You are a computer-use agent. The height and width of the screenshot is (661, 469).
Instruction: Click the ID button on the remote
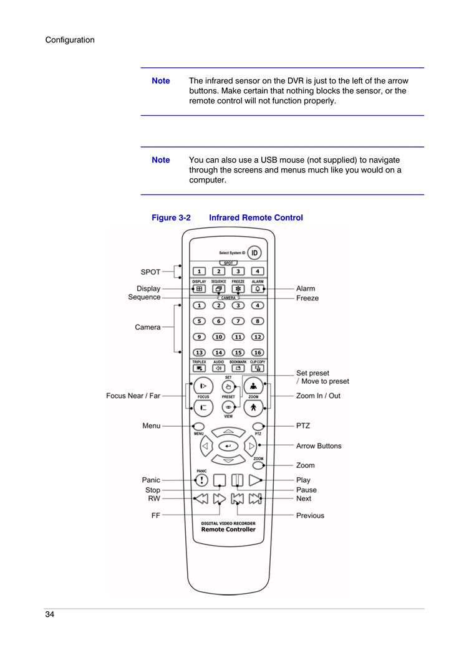(254, 253)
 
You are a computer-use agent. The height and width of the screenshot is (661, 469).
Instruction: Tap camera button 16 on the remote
(258, 353)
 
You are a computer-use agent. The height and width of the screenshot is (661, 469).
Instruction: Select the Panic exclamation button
(202, 480)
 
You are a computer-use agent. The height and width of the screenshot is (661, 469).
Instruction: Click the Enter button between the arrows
(228, 445)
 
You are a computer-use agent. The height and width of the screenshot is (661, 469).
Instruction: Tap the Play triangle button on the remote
(255, 480)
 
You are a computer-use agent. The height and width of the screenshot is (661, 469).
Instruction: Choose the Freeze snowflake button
(238, 289)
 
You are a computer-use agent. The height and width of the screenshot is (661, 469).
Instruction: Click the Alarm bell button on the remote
(258, 289)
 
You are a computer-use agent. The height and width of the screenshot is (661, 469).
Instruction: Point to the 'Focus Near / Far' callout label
(133, 396)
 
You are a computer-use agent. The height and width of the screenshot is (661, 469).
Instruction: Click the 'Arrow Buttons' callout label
(319, 446)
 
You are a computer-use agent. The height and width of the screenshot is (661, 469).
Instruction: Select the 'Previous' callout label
(310, 516)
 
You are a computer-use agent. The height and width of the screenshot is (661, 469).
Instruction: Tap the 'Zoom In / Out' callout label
(318, 396)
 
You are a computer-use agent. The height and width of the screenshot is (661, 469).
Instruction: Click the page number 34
(50, 614)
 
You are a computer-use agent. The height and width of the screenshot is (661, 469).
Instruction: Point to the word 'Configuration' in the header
(70, 40)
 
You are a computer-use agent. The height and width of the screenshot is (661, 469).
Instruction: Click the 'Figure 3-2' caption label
(171, 217)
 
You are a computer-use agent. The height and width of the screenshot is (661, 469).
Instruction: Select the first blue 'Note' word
(161, 80)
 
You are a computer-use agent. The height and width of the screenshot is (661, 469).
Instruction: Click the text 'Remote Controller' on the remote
(228, 530)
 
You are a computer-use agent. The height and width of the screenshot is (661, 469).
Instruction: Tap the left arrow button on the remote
(206, 445)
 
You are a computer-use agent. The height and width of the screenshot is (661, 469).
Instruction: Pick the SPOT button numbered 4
(258, 272)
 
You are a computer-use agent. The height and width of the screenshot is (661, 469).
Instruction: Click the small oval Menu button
(198, 427)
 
